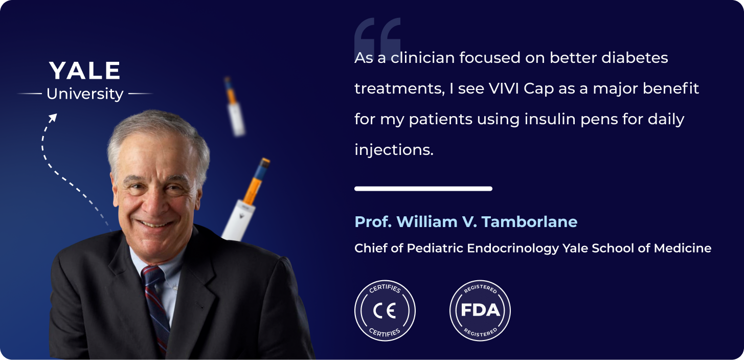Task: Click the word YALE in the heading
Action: click(x=84, y=71)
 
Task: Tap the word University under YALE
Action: click(x=85, y=94)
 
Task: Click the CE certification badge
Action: click(x=385, y=310)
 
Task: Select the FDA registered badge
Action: click(x=480, y=310)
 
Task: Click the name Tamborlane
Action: click(x=529, y=222)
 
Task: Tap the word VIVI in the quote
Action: click(x=504, y=88)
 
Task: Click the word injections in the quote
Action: click(x=394, y=150)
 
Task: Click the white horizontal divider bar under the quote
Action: click(x=423, y=189)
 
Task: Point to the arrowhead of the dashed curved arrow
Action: click(x=53, y=118)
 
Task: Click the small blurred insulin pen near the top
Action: click(x=235, y=106)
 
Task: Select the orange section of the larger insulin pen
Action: click(x=253, y=189)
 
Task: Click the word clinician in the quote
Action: click(x=422, y=58)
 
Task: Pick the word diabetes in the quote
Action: click(x=635, y=58)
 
